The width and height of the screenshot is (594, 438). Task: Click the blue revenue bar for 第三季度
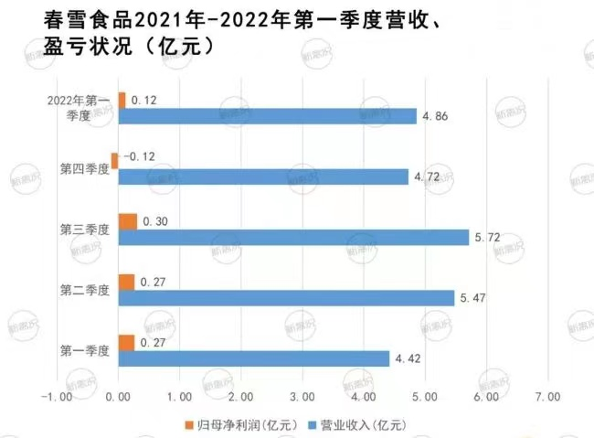(292, 237)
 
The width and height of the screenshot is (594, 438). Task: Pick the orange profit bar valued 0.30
(127, 221)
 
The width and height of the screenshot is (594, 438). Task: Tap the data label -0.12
(134, 158)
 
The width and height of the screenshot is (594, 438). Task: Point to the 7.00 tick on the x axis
(546, 398)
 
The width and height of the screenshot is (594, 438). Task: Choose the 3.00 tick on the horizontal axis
(302, 398)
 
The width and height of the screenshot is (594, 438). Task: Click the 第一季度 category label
(84, 350)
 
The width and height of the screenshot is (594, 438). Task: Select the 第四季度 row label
(84, 169)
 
